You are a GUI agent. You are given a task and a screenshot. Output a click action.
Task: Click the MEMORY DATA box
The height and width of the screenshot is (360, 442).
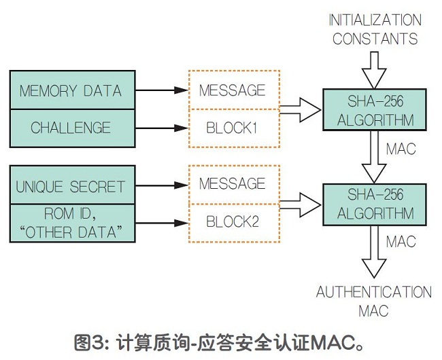coord(71,90)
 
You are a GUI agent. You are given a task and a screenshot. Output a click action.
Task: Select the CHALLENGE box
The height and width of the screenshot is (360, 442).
coord(71,127)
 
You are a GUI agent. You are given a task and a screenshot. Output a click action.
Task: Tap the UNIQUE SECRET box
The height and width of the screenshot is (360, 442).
coord(71,186)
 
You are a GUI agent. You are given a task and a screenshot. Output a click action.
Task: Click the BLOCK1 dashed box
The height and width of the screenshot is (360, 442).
coord(233,127)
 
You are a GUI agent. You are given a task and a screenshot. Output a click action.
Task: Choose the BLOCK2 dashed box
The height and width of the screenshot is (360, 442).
coord(233,221)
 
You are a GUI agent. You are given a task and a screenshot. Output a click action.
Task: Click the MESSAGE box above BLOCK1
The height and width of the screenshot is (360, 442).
coord(233,90)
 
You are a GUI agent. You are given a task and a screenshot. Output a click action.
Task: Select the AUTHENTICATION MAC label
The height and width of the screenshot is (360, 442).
coord(373,302)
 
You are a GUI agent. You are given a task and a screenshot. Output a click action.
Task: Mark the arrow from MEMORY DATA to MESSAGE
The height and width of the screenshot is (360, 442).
coord(160,90)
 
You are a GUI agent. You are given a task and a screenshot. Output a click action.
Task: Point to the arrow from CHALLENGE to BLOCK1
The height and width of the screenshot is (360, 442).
coord(160,127)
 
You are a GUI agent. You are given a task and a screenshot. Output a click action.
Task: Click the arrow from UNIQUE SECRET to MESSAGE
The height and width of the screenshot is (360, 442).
coord(160,185)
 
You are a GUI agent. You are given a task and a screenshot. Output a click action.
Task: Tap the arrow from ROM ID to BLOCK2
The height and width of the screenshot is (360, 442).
coord(160,221)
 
